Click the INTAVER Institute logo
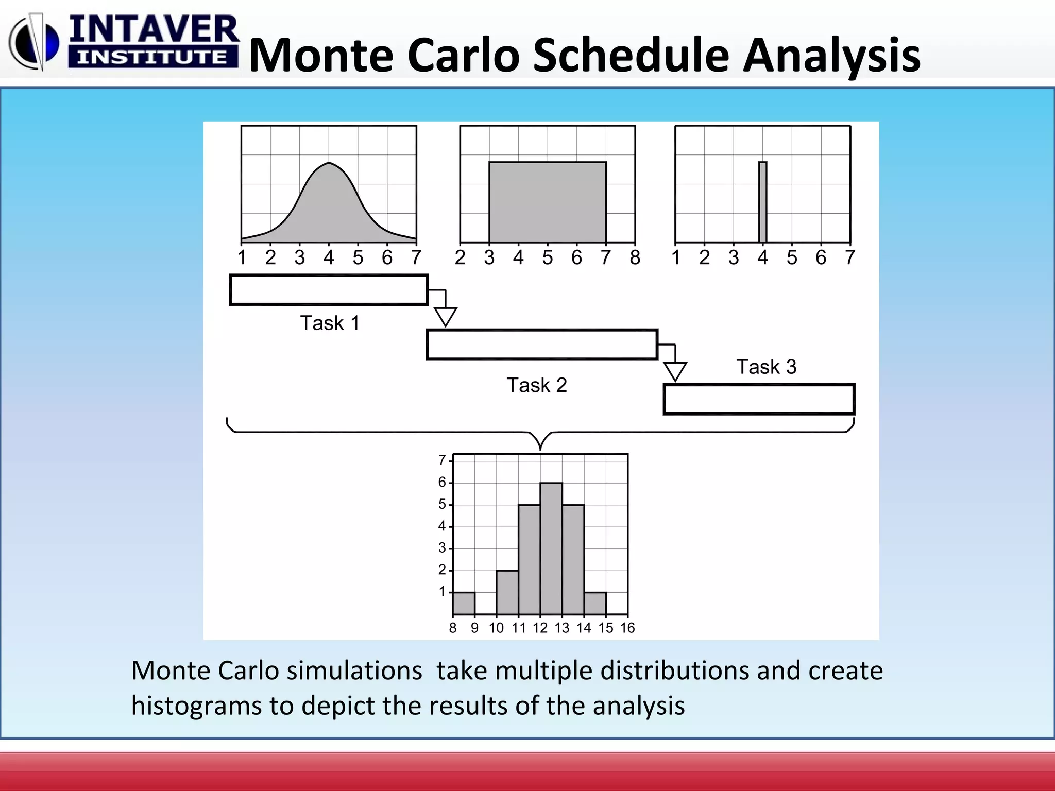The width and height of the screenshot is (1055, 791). click(124, 42)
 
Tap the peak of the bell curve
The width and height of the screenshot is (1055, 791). click(329, 164)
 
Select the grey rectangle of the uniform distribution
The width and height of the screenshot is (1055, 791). click(547, 202)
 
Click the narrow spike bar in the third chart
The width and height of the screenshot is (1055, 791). click(762, 202)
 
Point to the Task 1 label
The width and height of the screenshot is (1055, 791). click(330, 323)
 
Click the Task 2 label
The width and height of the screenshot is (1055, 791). click(536, 385)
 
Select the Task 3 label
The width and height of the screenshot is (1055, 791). click(766, 367)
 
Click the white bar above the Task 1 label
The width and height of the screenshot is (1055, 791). click(328, 290)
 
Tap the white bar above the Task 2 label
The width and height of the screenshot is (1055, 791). click(541, 345)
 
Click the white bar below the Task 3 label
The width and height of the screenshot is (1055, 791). click(759, 399)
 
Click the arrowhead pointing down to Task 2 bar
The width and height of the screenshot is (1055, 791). click(445, 316)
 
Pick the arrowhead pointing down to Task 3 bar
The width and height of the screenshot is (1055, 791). click(675, 371)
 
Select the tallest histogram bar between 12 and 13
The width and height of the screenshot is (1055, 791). click(551, 548)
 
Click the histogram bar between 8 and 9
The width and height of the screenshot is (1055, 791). click(464, 604)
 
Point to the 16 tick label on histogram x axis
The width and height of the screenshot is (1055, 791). click(627, 628)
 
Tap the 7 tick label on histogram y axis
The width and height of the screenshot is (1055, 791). click(442, 460)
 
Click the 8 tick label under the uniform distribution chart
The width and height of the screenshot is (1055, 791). click(635, 257)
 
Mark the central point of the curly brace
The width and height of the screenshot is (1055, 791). click(540, 446)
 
